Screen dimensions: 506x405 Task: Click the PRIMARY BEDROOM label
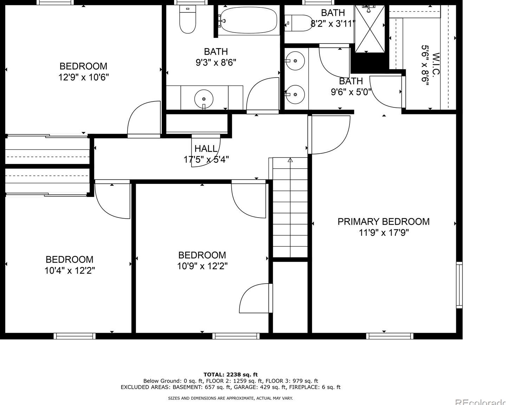[384, 221]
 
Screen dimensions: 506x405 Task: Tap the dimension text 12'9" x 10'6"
[84, 77]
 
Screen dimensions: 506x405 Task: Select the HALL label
[206, 149]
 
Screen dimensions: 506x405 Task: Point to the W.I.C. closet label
[436, 64]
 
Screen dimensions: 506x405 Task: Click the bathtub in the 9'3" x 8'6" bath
[249, 20]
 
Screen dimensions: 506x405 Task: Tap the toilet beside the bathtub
[188, 19]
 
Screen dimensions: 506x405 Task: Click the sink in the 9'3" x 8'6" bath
[204, 99]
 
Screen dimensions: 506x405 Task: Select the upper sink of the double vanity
[295, 61]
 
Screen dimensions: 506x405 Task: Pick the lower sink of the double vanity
[295, 94]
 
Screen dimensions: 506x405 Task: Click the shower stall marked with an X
[370, 29]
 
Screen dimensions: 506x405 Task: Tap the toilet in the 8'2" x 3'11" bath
[298, 23]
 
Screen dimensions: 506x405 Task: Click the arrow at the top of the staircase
[291, 160]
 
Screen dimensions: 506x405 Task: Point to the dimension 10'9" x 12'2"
[202, 266]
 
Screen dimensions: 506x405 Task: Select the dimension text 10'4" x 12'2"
[69, 271]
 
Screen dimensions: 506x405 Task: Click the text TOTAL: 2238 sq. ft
[231, 374]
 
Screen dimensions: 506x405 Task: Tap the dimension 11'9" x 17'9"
[384, 233]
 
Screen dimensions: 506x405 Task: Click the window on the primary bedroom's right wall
[459, 285]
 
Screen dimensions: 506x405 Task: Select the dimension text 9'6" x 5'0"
[351, 92]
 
